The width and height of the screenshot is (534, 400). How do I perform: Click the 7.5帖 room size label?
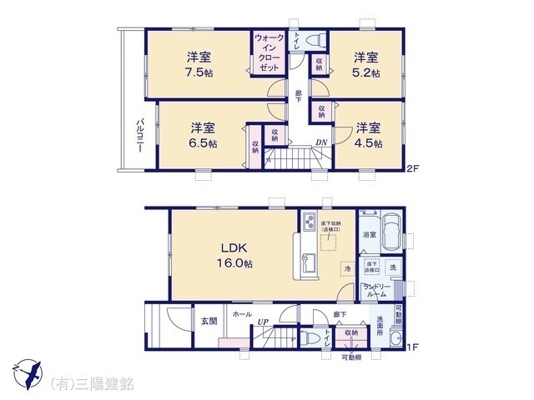tap(199, 72)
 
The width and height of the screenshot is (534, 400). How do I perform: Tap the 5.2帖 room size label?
tap(365, 72)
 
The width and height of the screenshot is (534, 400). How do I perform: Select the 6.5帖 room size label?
tap(203, 142)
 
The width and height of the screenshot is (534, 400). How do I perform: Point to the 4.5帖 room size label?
tap(368, 142)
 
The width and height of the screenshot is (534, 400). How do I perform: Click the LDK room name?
tap(233, 247)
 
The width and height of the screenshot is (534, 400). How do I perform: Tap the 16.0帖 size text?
tap(236, 263)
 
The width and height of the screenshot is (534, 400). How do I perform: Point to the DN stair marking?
tap(320, 142)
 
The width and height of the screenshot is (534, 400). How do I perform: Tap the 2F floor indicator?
tap(411, 170)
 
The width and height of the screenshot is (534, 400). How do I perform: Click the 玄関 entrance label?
tap(207, 321)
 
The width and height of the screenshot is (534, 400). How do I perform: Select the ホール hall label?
tap(242, 314)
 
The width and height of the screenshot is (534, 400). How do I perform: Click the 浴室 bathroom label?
tap(368, 236)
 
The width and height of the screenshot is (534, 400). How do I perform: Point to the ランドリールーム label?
tap(378, 290)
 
